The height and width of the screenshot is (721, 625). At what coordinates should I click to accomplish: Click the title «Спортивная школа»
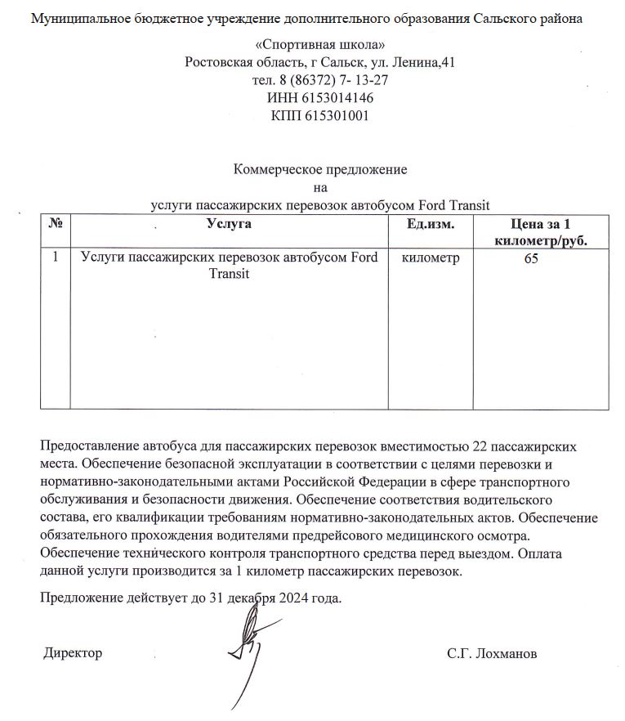(319, 44)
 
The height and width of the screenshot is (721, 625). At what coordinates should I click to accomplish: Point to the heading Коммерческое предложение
(320, 169)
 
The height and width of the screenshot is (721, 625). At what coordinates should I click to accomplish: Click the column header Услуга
(229, 223)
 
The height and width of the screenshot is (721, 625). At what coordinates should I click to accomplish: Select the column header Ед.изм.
(430, 223)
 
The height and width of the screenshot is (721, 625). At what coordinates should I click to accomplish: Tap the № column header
(56, 223)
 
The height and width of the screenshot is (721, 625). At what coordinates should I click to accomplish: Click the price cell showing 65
(532, 258)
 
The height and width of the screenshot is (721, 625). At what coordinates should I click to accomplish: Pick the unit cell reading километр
(431, 258)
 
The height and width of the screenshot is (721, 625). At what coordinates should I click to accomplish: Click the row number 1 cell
(56, 258)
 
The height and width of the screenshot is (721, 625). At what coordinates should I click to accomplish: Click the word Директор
(73, 653)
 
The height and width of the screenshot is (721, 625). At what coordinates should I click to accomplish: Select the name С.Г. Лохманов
(492, 653)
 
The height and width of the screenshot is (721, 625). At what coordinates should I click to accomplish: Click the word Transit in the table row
(229, 274)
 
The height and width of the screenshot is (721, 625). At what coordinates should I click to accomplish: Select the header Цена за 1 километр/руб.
(540, 231)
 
